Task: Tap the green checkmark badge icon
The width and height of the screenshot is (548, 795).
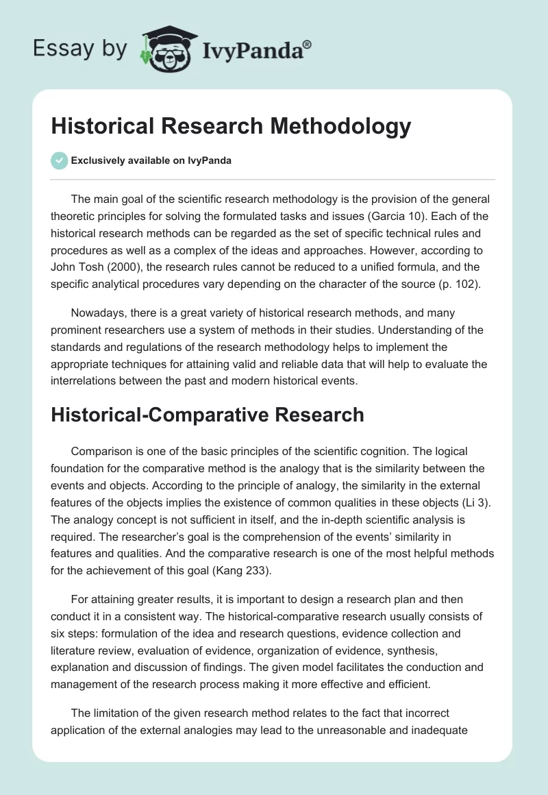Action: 59,160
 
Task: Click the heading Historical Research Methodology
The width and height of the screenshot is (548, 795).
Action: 231,126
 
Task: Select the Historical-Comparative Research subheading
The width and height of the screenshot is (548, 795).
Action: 207,415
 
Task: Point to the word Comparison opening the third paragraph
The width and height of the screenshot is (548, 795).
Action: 105,452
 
